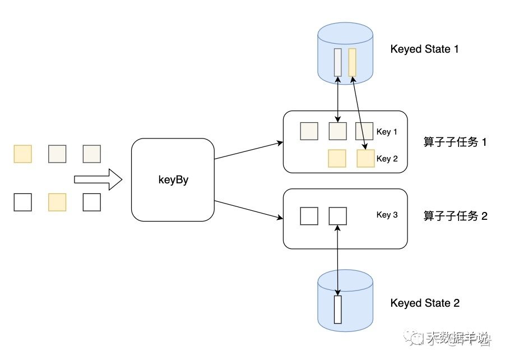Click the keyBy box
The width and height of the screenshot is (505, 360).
point(173,179)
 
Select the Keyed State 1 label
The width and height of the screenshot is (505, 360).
point(424,49)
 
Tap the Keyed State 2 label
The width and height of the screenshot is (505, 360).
point(425,303)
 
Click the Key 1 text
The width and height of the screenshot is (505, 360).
point(387,132)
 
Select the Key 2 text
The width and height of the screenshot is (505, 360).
point(387,159)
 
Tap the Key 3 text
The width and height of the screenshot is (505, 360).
point(387,215)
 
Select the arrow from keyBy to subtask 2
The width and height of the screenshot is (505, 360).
point(248,209)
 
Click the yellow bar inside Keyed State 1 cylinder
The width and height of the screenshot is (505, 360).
point(352,62)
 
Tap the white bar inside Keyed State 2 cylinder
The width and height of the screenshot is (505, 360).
point(337,309)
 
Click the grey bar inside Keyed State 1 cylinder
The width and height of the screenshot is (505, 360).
point(337,62)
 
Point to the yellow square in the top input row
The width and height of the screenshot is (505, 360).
point(23,154)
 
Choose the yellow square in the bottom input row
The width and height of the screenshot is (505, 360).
point(57,202)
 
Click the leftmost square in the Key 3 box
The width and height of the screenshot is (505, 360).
point(309,216)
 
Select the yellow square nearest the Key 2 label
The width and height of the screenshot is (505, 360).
point(365,159)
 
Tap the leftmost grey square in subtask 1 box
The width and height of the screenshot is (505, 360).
point(309,131)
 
